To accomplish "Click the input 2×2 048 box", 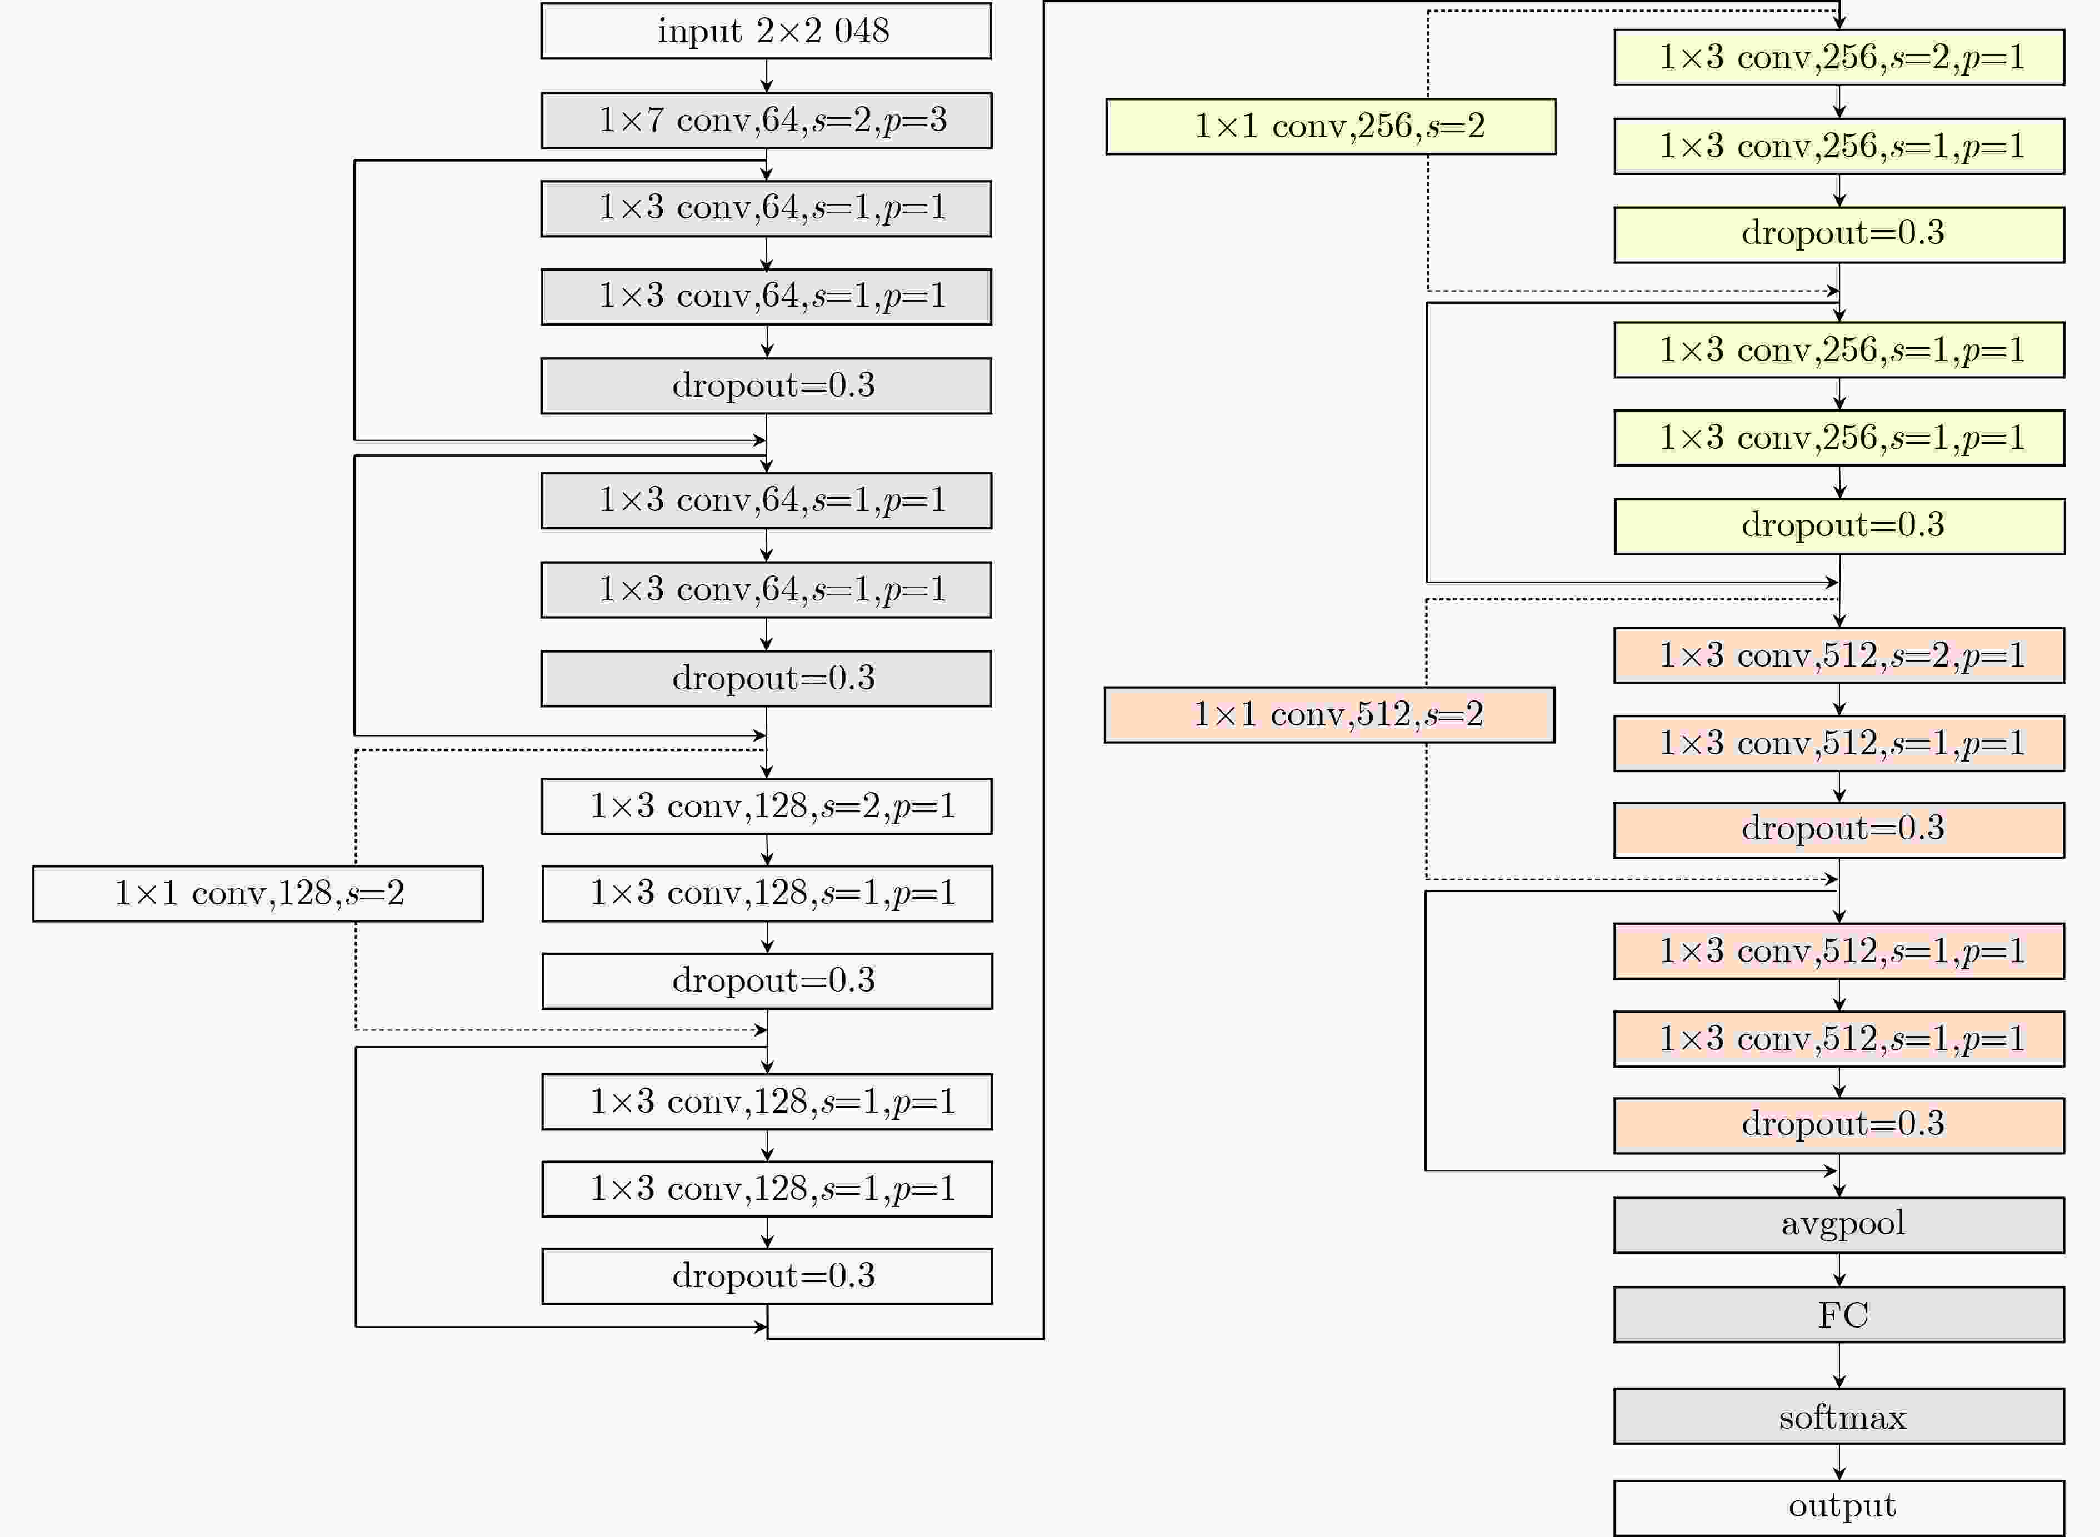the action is click(x=766, y=31).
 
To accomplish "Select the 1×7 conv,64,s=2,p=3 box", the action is click(x=766, y=120).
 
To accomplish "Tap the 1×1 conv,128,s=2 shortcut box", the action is click(x=258, y=893).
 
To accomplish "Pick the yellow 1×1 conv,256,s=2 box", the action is click(x=1331, y=126).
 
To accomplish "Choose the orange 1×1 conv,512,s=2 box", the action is click(x=1329, y=714).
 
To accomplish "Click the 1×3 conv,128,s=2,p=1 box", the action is click(x=767, y=805).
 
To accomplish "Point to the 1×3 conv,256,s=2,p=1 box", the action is click(x=1838, y=58).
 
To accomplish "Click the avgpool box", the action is click(x=1838, y=1224).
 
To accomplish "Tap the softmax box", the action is click(x=1838, y=1416).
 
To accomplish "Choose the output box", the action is click(x=1838, y=1507).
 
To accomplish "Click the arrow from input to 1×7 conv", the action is click(x=767, y=76).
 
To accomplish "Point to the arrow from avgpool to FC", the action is click(x=1838, y=1270).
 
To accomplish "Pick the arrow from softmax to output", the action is click(x=1838, y=1461).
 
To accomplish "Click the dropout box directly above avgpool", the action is click(x=1838, y=1126).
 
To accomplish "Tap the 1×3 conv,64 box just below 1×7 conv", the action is click(x=766, y=208).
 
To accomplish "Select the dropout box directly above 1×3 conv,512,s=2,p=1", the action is click(x=1838, y=527).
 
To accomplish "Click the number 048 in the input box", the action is click(x=862, y=31).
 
